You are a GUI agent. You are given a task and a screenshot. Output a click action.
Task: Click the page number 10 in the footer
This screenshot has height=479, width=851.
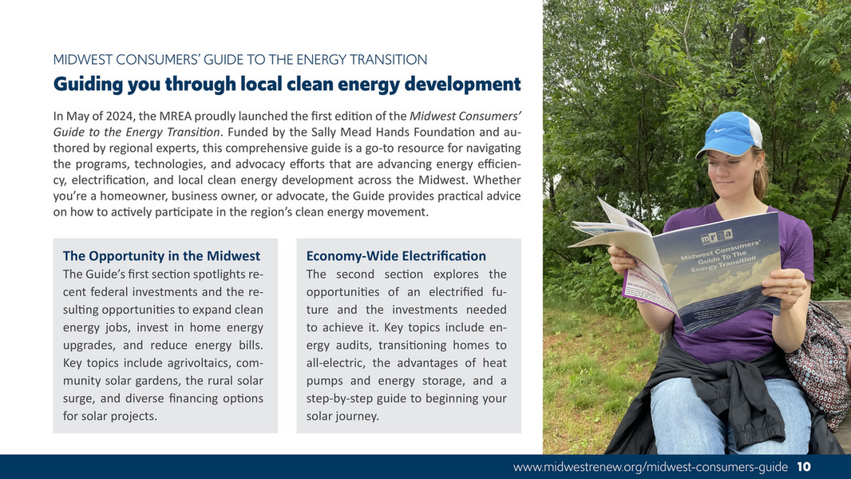(804, 467)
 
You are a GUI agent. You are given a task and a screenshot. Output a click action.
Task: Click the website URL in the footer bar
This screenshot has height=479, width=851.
(651, 467)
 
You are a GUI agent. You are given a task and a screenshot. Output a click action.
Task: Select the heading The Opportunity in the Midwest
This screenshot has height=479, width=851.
(161, 256)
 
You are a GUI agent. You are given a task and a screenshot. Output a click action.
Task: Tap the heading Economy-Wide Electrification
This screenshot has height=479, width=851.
(396, 256)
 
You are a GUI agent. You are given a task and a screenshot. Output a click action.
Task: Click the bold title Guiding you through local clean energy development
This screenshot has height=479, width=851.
(287, 84)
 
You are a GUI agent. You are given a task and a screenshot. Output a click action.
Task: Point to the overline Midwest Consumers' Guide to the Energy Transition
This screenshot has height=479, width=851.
(239, 60)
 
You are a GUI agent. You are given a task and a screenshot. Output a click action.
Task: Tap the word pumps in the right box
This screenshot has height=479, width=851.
(326, 381)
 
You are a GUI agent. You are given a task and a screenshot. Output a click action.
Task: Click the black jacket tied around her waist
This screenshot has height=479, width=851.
(718, 391)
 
